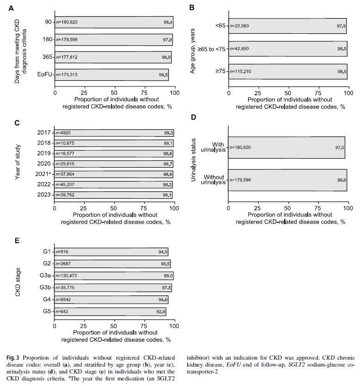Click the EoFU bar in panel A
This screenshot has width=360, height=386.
[111, 74]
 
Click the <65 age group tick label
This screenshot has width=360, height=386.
[220, 26]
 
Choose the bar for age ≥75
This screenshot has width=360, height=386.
[287, 72]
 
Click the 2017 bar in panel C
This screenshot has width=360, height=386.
[113, 133]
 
